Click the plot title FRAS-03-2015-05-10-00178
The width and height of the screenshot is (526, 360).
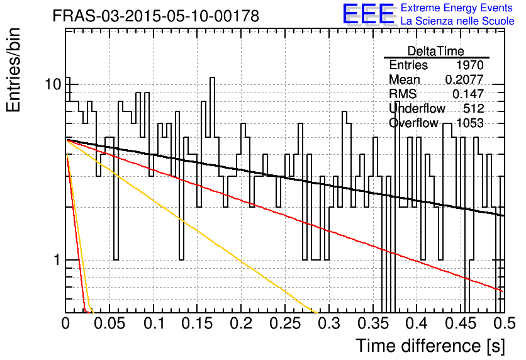(156, 16)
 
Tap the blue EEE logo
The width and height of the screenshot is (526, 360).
(368, 14)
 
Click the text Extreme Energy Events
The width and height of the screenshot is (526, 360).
(457, 8)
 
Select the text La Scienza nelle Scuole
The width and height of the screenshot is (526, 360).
(457, 21)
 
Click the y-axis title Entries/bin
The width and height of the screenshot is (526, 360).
(13, 70)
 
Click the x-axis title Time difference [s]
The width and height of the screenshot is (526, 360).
(430, 346)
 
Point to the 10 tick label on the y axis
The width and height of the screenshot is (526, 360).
(53, 84)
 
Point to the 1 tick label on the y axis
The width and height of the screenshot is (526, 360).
(57, 260)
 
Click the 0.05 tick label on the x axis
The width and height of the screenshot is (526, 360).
(109, 323)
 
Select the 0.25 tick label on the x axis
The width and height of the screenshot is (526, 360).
(285, 323)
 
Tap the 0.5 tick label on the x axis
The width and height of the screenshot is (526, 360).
(505, 323)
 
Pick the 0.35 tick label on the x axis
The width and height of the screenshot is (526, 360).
(373, 323)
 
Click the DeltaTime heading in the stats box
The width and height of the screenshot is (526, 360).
(436, 51)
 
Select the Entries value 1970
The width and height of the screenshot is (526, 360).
(469, 65)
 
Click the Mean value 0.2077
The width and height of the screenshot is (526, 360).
(464, 79)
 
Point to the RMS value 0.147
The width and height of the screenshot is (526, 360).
(468, 94)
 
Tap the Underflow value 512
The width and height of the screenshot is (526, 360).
(474, 108)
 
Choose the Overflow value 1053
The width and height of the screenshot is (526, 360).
(470, 123)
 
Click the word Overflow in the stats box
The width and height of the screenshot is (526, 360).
(413, 123)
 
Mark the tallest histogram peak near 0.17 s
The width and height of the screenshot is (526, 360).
(212, 78)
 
